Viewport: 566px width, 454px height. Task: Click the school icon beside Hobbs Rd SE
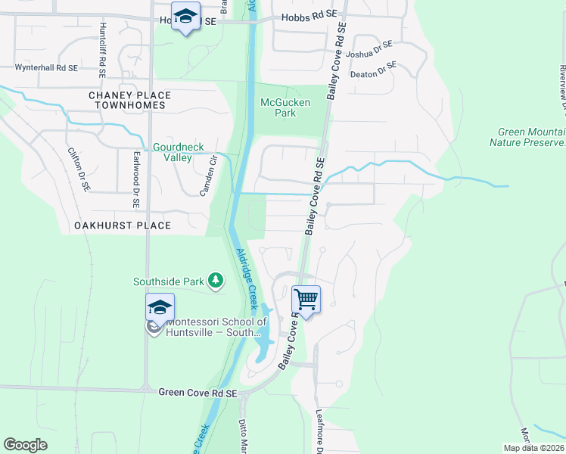185,17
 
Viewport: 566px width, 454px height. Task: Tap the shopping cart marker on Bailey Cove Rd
306,300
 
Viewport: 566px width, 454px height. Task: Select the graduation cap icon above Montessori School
160,307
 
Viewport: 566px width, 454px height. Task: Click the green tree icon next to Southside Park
216,281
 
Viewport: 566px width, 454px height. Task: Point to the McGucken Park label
278,107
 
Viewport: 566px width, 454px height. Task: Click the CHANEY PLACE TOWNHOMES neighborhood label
129,100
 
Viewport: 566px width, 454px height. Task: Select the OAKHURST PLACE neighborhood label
123,225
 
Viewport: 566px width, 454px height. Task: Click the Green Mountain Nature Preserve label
527,137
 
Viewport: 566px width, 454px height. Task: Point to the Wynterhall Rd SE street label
47,67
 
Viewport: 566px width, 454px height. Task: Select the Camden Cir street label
208,175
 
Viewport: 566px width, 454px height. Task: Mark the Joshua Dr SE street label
369,50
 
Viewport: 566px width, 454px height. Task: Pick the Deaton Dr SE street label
377,70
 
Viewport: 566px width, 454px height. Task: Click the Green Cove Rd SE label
198,393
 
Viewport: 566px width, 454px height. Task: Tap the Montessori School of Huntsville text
212,327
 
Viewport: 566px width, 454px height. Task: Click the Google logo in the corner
25,445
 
